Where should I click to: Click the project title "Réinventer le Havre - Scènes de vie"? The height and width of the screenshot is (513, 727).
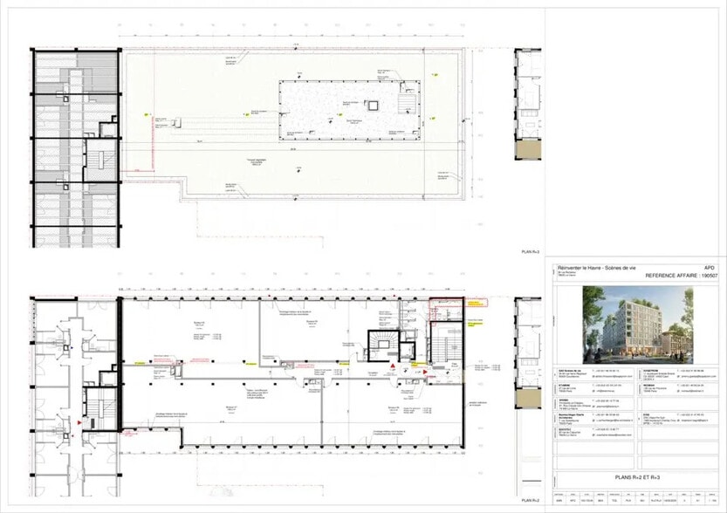[x=593, y=266]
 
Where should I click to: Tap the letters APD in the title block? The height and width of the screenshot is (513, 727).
[x=710, y=266]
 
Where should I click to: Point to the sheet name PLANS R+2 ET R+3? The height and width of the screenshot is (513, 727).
[x=634, y=477]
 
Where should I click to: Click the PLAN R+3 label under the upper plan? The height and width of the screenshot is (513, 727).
[x=531, y=251]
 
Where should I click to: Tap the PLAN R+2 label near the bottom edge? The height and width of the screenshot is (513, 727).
[x=531, y=501]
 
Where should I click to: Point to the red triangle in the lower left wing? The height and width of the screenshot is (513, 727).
[x=80, y=422]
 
